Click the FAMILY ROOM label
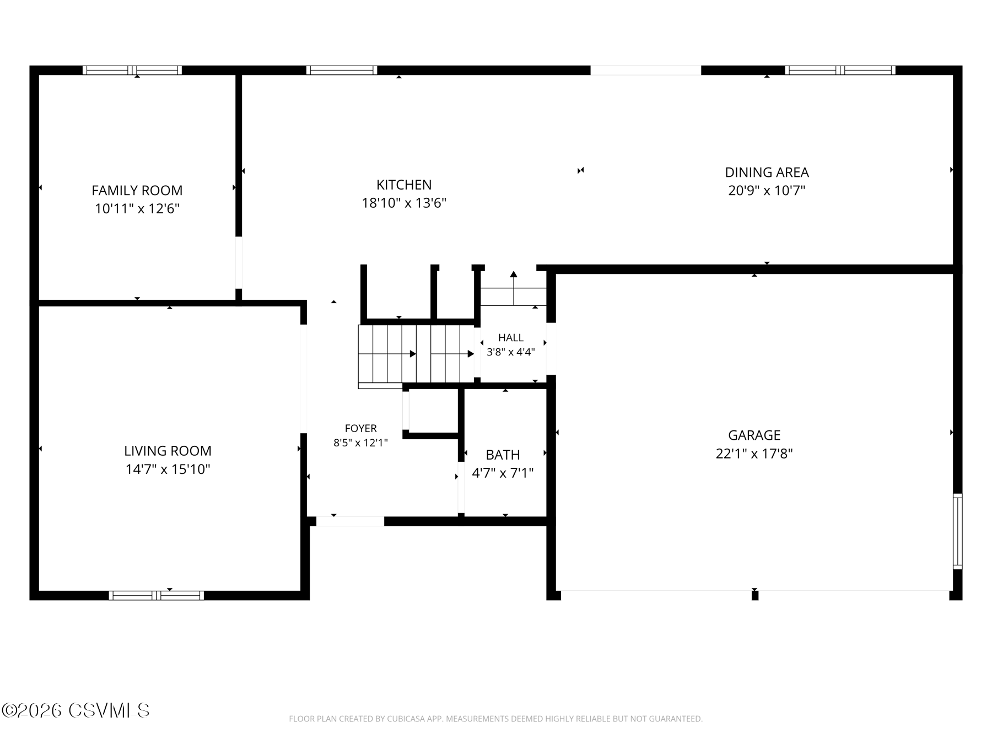(x=137, y=190)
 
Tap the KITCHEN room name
(x=404, y=185)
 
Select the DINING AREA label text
(x=767, y=172)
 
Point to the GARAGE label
(x=754, y=435)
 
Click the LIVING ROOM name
(x=168, y=451)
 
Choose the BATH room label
(x=503, y=455)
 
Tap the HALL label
(x=511, y=338)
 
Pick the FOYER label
(x=361, y=428)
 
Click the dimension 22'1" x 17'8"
(x=754, y=454)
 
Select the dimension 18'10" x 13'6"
(x=404, y=203)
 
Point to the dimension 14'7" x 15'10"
(x=168, y=469)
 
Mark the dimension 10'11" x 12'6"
(x=137, y=208)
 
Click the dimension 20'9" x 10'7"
(x=767, y=191)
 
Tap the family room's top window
(x=132, y=70)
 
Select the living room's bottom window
(x=157, y=595)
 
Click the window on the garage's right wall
(x=958, y=532)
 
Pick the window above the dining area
(x=840, y=70)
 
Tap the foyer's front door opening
(x=350, y=521)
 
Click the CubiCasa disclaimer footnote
(x=496, y=719)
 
